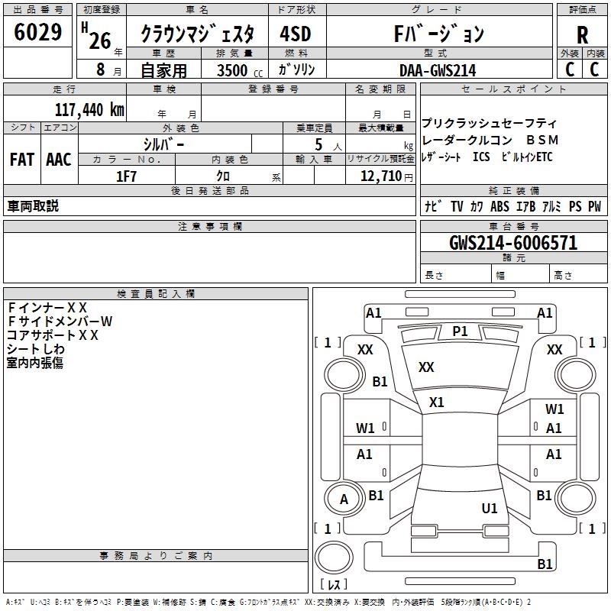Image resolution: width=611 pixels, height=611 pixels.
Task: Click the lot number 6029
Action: tap(38, 33)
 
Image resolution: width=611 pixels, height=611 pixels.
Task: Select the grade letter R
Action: tap(582, 34)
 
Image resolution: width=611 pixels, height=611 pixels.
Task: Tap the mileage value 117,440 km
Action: tap(89, 109)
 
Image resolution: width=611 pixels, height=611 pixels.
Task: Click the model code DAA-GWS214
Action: tap(438, 70)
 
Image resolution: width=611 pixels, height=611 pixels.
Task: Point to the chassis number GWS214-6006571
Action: tap(513, 243)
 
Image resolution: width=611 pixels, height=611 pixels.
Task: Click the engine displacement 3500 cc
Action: tap(235, 70)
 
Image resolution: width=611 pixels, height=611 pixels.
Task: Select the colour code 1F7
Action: tap(126, 176)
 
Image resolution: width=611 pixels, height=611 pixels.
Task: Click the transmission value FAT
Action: tap(22, 160)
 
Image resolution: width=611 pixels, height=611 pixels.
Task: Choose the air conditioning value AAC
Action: tap(59, 160)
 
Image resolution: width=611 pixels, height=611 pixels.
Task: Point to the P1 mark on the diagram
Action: tap(460, 331)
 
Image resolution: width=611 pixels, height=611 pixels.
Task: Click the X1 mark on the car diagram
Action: tap(437, 402)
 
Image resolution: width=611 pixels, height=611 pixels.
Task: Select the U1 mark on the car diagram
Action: tap(490, 508)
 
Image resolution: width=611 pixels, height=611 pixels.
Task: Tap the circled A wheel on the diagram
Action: tap(344, 499)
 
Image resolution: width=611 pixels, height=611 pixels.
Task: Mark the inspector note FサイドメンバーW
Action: tap(60, 321)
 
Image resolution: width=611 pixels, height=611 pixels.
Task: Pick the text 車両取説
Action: tap(33, 206)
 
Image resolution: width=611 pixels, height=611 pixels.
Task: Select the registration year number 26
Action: tap(100, 40)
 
